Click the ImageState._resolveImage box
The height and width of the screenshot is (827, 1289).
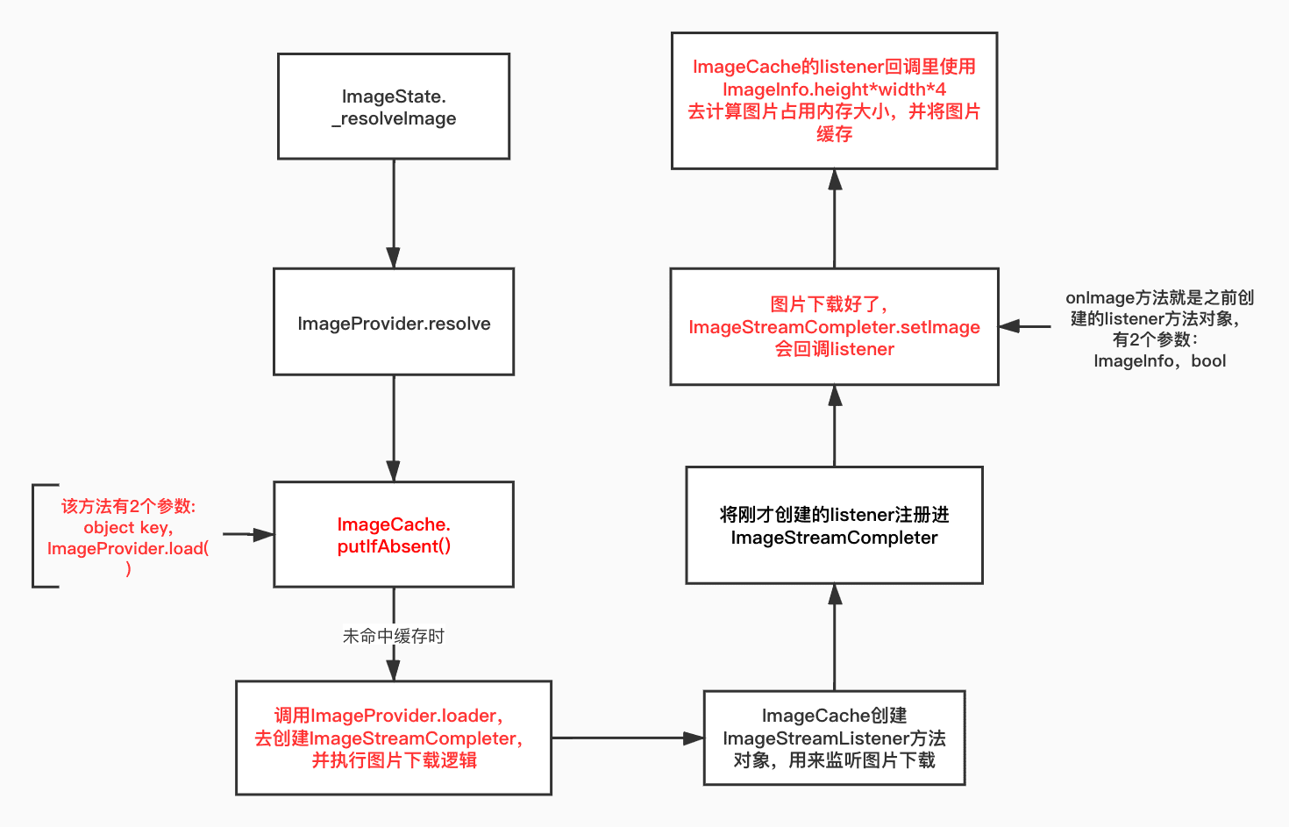[394, 106]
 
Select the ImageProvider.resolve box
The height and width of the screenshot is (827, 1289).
[394, 322]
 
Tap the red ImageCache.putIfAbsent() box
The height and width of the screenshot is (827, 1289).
[394, 534]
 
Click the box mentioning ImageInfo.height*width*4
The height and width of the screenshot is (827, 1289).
[834, 101]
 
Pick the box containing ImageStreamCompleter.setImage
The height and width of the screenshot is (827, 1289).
[834, 326]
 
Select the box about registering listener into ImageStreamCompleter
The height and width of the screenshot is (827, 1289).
[834, 525]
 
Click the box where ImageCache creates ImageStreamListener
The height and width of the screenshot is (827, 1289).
[834, 738]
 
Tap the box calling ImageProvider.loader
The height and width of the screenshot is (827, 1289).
[394, 738]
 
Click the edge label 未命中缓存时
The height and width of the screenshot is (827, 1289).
[394, 636]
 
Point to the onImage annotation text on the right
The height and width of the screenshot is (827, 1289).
[1159, 329]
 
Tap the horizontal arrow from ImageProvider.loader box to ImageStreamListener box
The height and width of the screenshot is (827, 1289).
[627, 738]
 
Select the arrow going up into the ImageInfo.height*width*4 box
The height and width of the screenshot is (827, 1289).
[835, 218]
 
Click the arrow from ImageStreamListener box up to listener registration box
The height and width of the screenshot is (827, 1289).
[835, 637]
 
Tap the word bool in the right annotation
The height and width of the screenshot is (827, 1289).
[1208, 361]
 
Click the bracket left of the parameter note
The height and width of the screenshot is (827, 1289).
[34, 535]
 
